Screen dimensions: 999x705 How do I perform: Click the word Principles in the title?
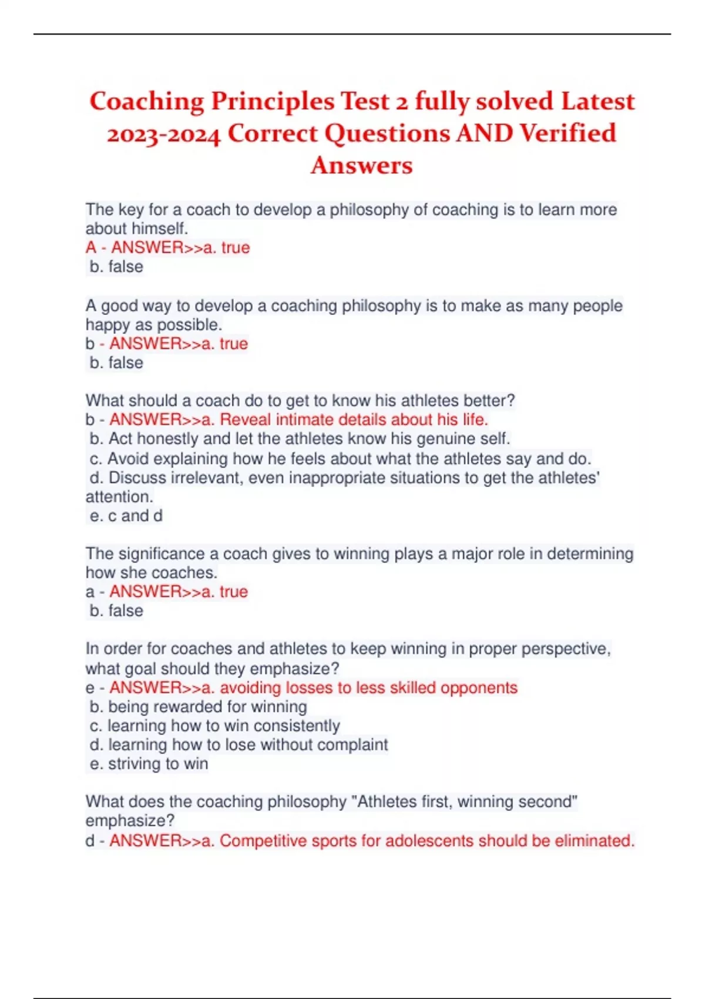click(x=272, y=102)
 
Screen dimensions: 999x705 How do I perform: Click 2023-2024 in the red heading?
click(x=164, y=135)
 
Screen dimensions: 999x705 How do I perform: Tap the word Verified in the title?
click(x=568, y=133)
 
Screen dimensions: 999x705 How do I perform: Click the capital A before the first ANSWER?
click(x=90, y=248)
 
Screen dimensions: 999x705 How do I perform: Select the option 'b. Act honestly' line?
click(x=300, y=439)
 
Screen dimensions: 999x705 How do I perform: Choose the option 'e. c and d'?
click(x=126, y=516)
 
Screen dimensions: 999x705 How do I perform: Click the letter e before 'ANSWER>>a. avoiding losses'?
click(x=90, y=688)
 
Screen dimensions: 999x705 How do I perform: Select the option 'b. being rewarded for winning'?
click(x=199, y=707)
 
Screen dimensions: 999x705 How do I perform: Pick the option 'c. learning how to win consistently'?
click(x=215, y=726)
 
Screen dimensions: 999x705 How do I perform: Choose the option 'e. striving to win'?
click(x=149, y=764)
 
